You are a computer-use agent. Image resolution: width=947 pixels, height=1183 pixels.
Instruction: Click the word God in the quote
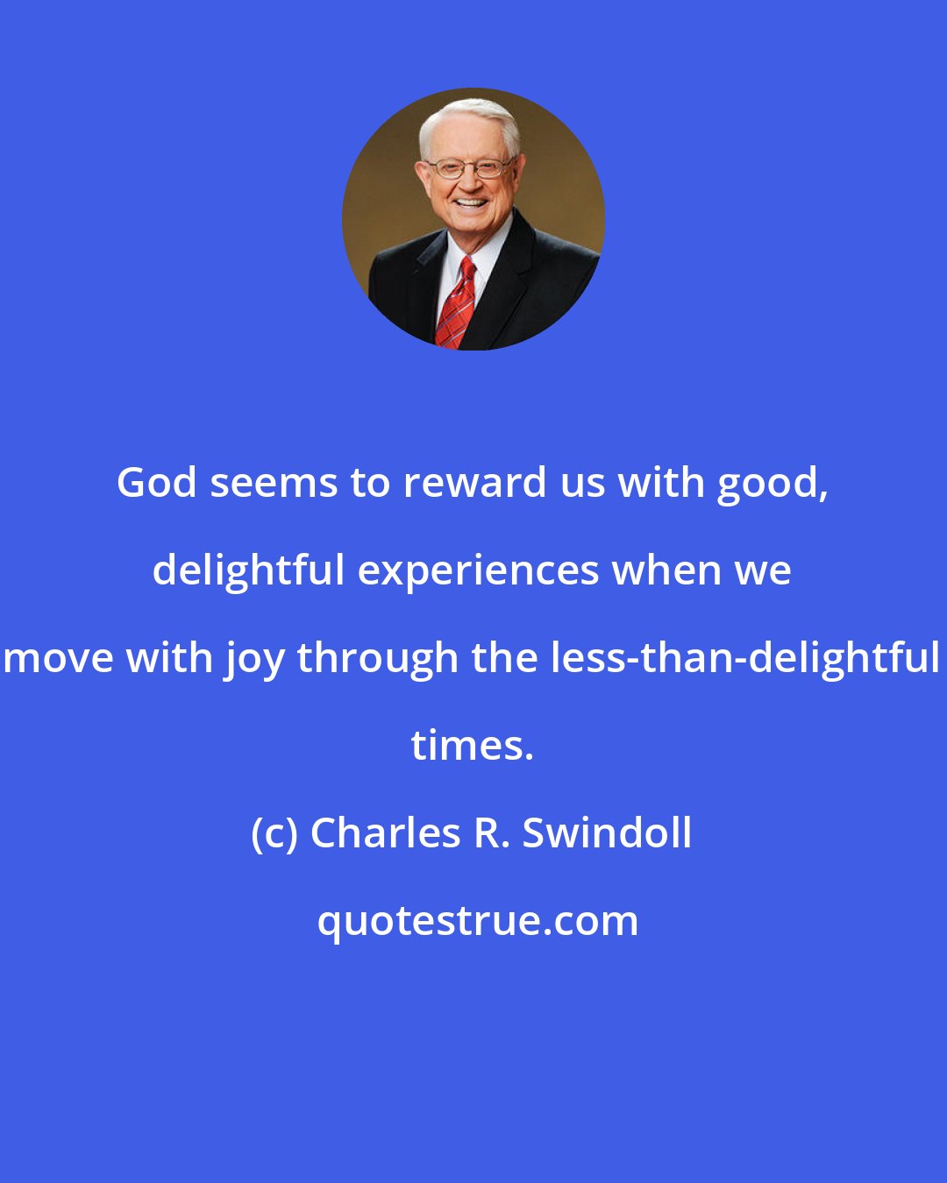[157, 483]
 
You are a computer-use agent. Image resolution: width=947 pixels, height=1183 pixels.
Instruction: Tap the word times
[472, 746]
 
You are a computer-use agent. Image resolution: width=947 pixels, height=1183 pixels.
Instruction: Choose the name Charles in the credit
[386, 832]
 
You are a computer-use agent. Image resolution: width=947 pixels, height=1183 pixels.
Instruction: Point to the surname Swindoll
[608, 832]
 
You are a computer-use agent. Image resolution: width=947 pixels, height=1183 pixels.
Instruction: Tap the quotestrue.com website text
[478, 921]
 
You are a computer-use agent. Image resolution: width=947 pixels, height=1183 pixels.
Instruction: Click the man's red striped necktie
[456, 302]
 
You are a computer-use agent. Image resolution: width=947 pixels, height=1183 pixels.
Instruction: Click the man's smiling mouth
[471, 203]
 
